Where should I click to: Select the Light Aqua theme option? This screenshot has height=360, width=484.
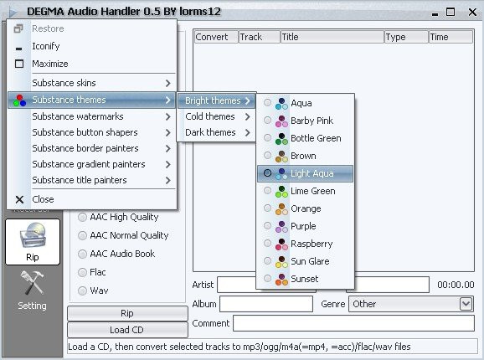305,173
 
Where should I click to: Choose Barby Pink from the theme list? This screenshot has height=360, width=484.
305,121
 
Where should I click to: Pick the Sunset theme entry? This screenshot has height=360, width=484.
305,279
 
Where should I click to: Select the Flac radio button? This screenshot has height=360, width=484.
82,272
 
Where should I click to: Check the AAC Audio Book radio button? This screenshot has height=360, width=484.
82,254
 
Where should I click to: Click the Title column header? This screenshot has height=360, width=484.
332,37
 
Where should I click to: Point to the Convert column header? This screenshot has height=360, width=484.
216,37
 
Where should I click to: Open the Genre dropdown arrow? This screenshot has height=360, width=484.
466,304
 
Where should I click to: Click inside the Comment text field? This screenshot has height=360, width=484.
353,323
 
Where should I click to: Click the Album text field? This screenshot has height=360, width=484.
266,304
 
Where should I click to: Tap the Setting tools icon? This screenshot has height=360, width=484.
32,283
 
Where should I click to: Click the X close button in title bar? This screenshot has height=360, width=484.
472,13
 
